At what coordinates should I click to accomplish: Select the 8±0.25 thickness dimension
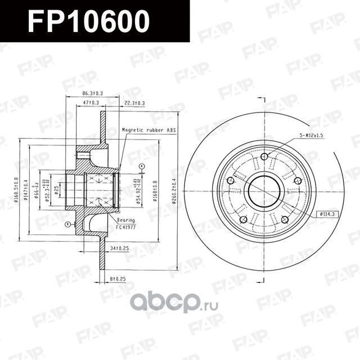coord(118,278)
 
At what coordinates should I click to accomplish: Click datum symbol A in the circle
coord(142,166)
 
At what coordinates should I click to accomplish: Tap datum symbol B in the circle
coord(67,224)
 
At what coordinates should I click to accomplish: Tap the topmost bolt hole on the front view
coord(264,156)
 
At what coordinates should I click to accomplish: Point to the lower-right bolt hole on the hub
coord(285,219)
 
